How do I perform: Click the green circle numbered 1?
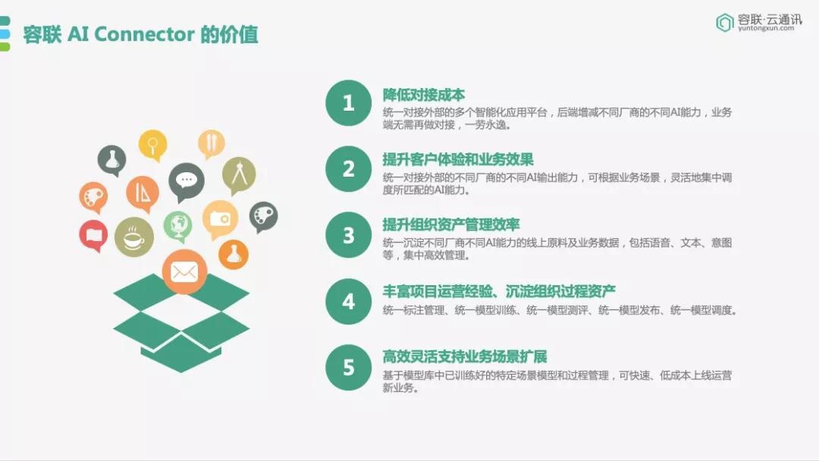click(348, 103)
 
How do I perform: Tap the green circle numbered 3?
click(348, 235)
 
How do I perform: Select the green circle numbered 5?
click(348, 368)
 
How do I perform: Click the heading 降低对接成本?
click(424, 95)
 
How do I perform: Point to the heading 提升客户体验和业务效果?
click(458, 160)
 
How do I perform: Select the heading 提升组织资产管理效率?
click(451, 225)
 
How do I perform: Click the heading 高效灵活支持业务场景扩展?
click(465, 357)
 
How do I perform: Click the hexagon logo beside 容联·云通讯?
click(724, 23)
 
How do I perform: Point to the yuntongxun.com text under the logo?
click(766, 28)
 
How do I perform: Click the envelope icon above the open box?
click(184, 271)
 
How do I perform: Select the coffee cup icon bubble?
click(134, 237)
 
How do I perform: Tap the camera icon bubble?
click(221, 219)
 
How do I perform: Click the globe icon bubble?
click(177, 226)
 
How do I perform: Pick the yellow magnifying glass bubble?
click(153, 145)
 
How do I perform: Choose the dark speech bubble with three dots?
click(187, 182)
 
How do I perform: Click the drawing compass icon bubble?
click(239, 175)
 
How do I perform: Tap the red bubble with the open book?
click(93, 236)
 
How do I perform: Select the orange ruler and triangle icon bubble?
click(142, 193)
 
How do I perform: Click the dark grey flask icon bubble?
click(111, 160)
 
